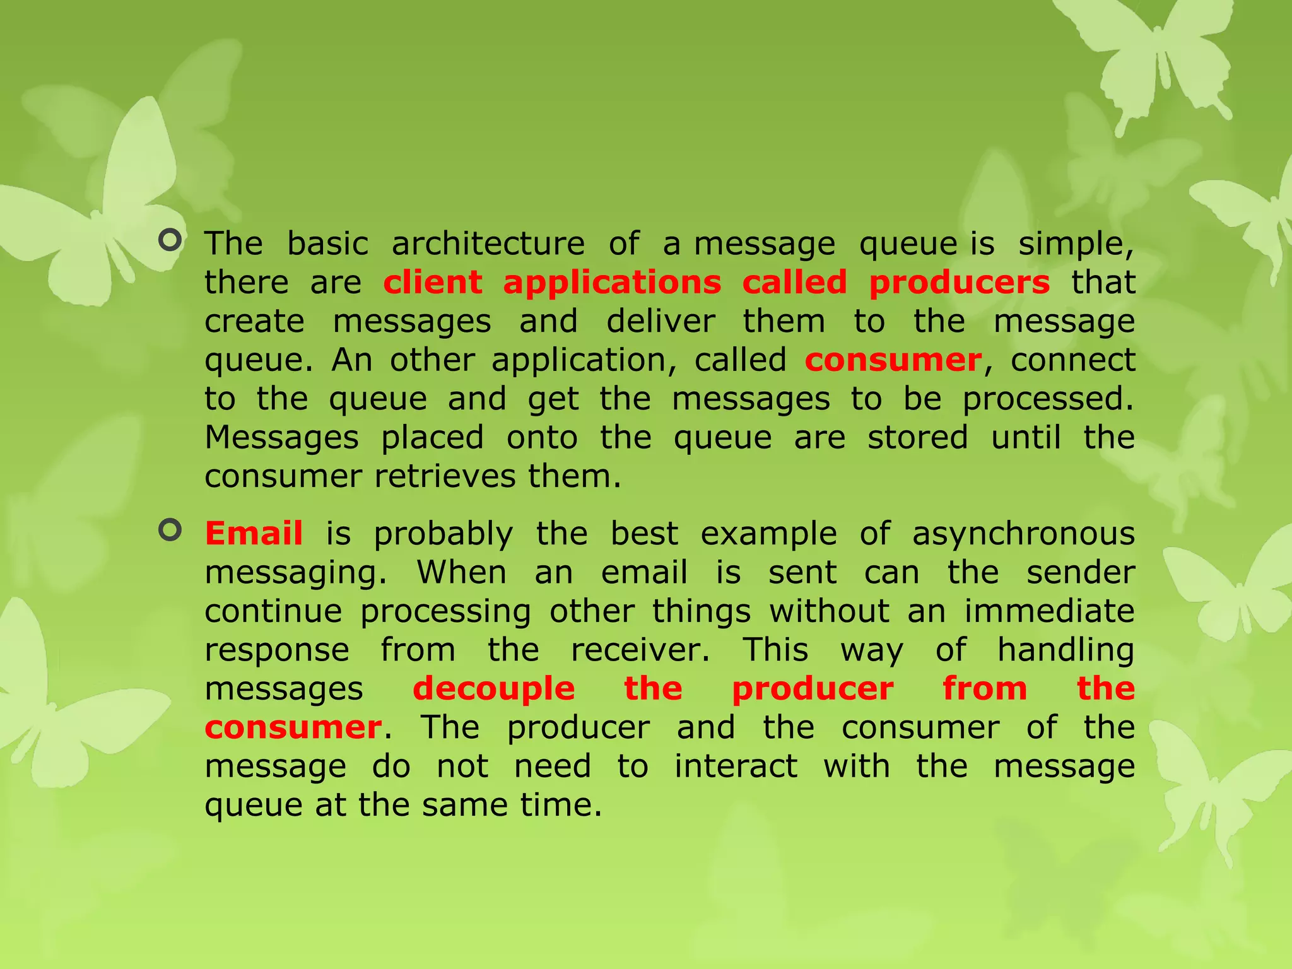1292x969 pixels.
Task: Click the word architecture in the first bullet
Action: coord(488,244)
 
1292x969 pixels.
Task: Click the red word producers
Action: coord(959,283)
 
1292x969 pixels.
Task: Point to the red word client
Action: coord(433,283)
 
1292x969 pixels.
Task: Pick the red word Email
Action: coord(254,534)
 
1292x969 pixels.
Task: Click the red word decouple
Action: coord(493,688)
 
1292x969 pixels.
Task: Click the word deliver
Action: coord(661,321)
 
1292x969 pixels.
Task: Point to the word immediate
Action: coord(1049,611)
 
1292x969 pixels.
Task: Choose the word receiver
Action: coord(640,650)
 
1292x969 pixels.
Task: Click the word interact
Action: coord(736,766)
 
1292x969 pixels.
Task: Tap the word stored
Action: coord(917,437)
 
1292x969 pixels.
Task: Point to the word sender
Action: coord(1081,573)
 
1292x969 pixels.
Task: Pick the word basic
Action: coord(327,244)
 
